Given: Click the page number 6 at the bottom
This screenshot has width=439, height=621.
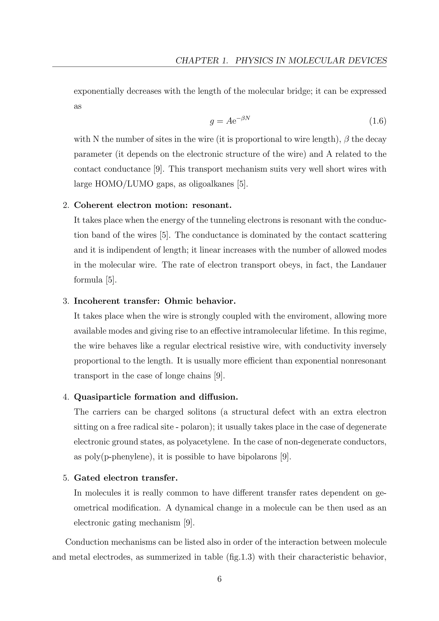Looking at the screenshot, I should click(x=219, y=579).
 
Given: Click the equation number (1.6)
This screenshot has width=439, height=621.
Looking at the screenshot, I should click(x=378, y=121).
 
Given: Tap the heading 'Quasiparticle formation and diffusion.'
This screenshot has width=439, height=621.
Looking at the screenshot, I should click(x=156, y=397).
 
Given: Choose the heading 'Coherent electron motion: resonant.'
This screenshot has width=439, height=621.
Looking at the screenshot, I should click(x=153, y=205).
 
